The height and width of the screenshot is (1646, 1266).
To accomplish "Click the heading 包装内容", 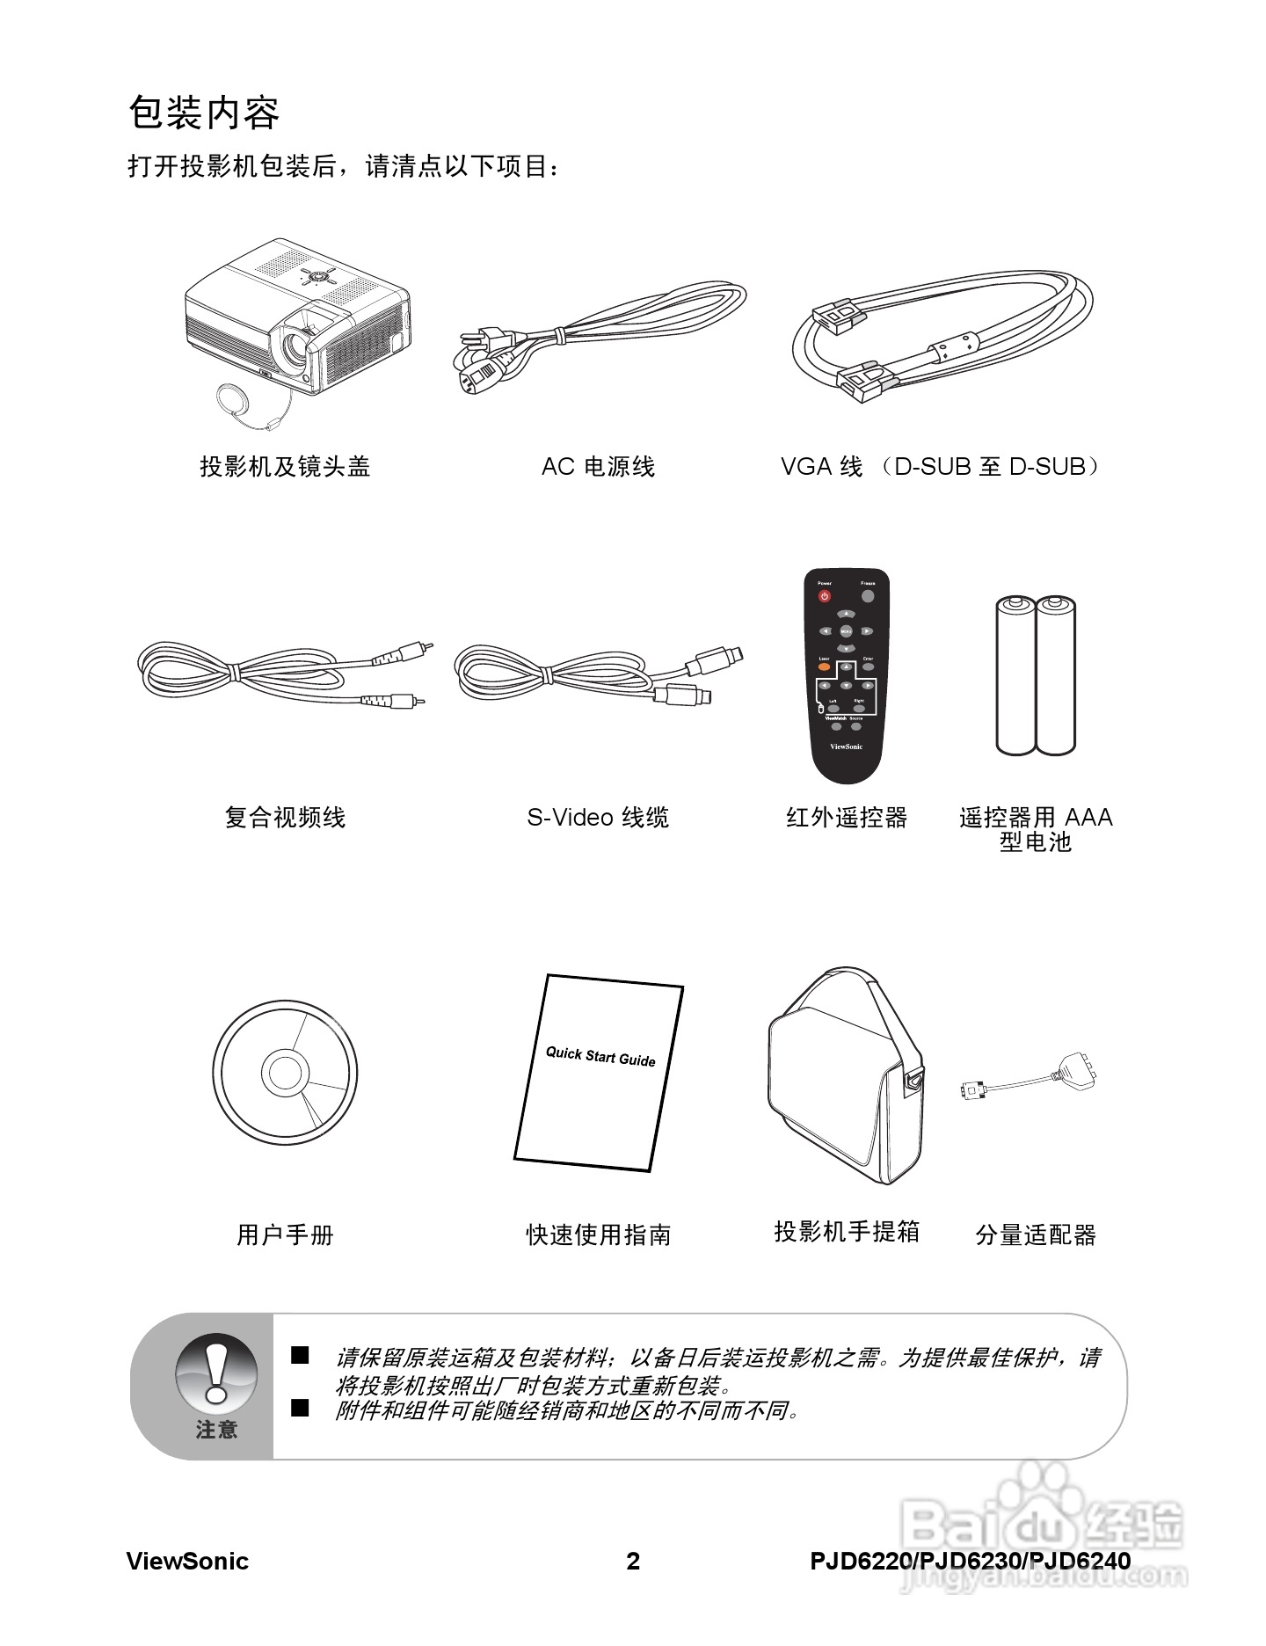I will [204, 113].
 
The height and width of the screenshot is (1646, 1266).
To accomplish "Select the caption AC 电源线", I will [598, 467].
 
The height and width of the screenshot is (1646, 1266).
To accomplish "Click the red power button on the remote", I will [825, 596].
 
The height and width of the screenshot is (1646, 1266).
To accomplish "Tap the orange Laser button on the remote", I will [825, 667].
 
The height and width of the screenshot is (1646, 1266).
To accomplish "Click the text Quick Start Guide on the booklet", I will [600, 1056].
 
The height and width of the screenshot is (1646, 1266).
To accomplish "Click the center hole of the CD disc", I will [284, 1072].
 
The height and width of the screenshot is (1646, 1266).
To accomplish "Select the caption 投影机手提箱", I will [847, 1232].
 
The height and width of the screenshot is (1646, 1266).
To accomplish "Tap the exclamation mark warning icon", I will [216, 1372].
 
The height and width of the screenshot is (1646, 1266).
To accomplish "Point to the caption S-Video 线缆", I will [598, 818].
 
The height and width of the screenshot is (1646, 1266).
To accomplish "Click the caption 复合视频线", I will [285, 818].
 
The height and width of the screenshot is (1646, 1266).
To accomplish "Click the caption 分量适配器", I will [1036, 1235].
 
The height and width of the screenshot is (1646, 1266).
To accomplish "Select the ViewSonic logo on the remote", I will [846, 747].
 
